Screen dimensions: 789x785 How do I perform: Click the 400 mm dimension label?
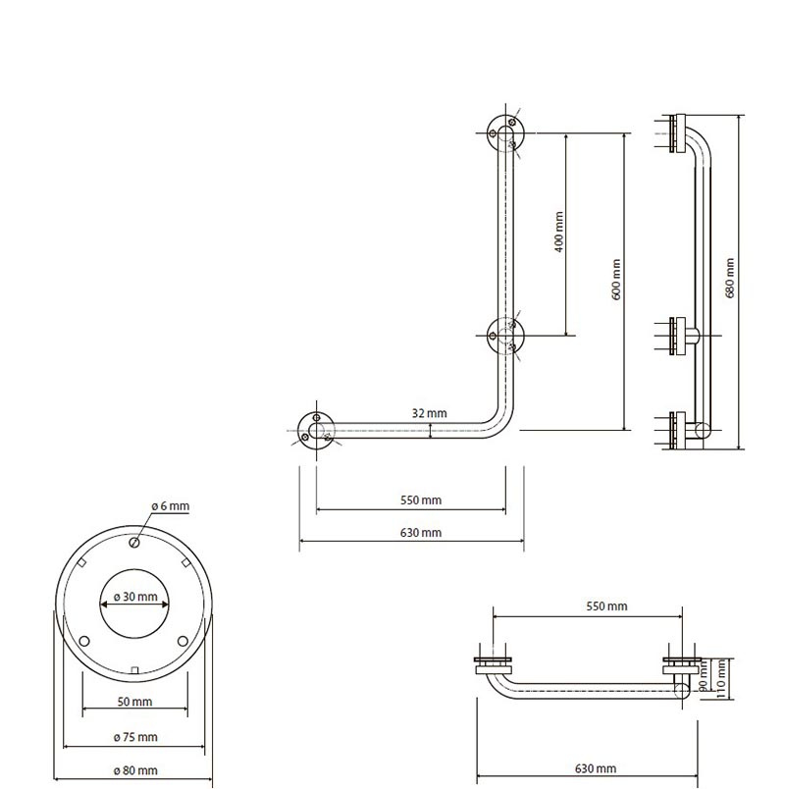558,233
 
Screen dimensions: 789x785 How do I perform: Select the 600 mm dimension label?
615,279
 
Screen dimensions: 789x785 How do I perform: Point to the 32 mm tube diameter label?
430,413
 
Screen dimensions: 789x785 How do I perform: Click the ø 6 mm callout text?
170,505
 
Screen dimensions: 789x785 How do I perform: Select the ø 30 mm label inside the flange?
135,597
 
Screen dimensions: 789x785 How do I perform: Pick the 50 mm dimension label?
134,702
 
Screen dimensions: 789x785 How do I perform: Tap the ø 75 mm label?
134,737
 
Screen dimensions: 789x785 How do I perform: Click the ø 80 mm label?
134,770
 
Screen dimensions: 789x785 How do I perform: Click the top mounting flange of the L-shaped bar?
506,133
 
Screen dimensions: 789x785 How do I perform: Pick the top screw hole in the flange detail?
135,543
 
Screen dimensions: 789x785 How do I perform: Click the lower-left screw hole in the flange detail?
85,641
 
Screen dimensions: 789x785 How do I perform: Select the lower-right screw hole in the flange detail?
183,641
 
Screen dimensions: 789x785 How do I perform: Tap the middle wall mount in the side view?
679,337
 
